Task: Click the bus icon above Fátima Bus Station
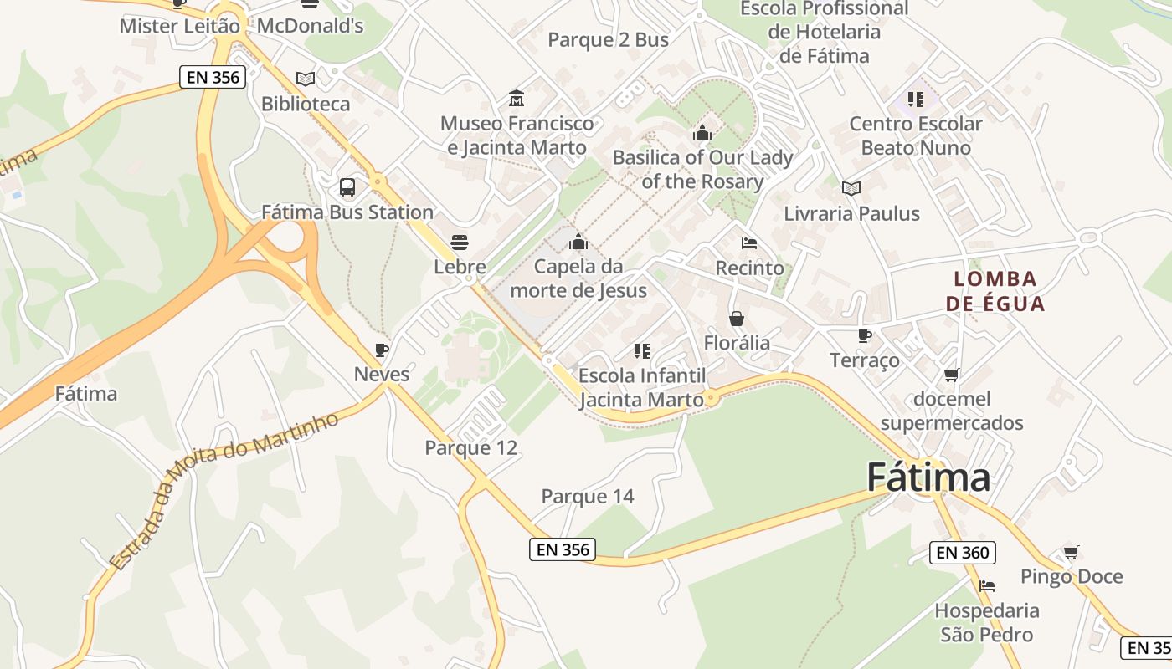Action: coord(347,187)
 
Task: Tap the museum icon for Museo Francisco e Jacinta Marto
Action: coord(517,99)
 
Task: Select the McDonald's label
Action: coord(310,26)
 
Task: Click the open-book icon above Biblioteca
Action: coord(306,79)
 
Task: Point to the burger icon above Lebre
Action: coord(459,243)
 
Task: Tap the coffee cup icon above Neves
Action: coord(382,350)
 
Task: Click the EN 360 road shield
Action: coord(963,553)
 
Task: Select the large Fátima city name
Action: coord(928,477)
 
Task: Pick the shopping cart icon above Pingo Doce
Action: coord(1071,552)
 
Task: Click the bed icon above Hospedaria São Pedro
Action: coord(987,586)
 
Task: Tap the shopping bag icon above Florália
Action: coord(737,319)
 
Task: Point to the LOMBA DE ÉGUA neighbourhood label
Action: coord(995,291)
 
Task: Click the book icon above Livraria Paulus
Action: coord(851,189)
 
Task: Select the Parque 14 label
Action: coord(588,497)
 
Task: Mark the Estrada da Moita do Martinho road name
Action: coord(224,491)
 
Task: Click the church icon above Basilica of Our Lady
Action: coord(702,133)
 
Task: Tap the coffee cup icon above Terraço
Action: coord(865,336)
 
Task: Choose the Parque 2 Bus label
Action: coord(608,40)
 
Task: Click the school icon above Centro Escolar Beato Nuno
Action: coord(916,100)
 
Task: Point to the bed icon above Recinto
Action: coord(749,243)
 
